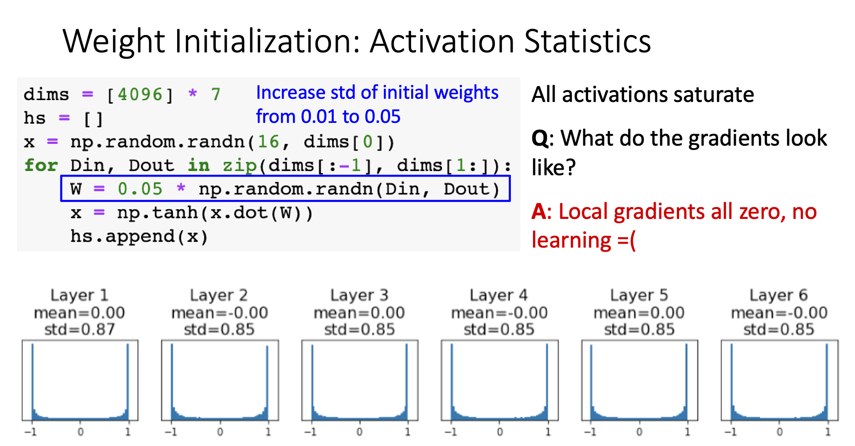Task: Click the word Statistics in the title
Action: coord(587,41)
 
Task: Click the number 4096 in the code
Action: coord(140,95)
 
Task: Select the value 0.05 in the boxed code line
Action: coord(140,189)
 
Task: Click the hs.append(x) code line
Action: coord(139,236)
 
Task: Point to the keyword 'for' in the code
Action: coord(41,165)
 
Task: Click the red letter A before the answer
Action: coord(539,212)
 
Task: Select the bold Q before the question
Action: coord(539,138)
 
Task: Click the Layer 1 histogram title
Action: coord(79,295)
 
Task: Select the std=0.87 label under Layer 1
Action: coord(79,329)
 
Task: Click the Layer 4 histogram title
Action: coord(499,295)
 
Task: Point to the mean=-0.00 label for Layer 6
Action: coord(779,313)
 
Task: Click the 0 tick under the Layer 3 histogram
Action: coord(360,431)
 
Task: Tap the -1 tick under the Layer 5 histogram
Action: coord(590,431)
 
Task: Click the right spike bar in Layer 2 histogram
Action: coord(267,382)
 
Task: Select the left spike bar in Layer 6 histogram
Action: coord(732,382)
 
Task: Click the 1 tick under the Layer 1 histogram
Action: coord(128,431)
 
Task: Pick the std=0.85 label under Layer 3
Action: coord(359,329)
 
